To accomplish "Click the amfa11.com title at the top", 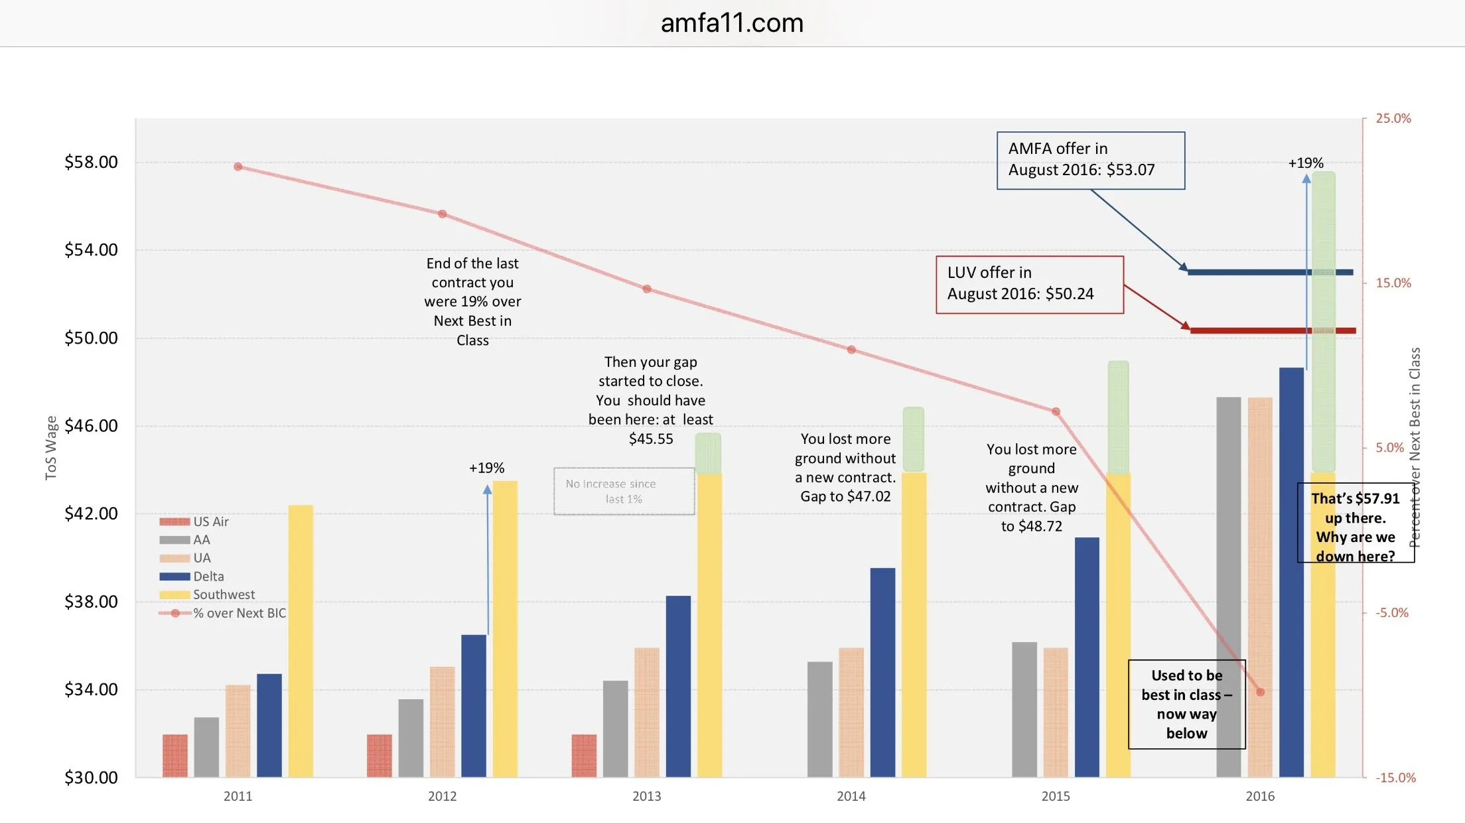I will [x=732, y=23].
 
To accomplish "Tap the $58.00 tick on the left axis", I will [x=91, y=162].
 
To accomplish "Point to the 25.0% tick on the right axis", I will [x=1393, y=119].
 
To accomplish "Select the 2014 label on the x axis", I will [x=851, y=796].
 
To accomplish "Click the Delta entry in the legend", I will [x=208, y=577].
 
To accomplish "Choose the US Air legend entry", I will [x=210, y=521].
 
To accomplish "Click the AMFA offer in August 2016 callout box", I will [x=1090, y=160].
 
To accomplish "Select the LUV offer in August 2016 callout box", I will [x=1029, y=284].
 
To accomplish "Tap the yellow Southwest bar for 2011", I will [x=301, y=640].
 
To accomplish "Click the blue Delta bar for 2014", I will [x=882, y=671].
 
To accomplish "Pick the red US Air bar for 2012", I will [x=379, y=755].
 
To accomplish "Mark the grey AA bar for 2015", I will [x=1024, y=709].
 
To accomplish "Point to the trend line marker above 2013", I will [x=647, y=289].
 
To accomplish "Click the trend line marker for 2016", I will [x=1260, y=692].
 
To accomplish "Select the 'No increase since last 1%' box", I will [x=624, y=492].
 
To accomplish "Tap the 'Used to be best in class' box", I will [x=1186, y=704].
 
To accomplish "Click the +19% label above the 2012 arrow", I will [x=486, y=468].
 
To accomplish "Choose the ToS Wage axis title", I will [x=51, y=447].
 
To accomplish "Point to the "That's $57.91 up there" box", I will [x=1356, y=523].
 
